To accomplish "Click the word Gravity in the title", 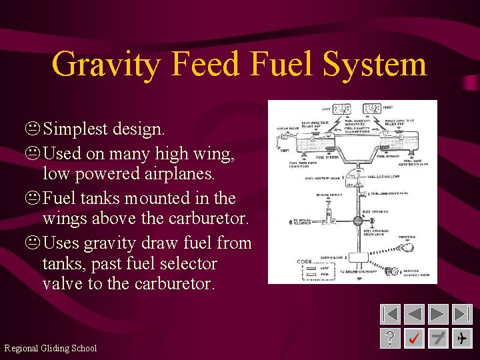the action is (x=106, y=65).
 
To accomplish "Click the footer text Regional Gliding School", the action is (x=51, y=348).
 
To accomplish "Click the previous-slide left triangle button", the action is (x=414, y=314).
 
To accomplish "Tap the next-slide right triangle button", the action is (x=438, y=314).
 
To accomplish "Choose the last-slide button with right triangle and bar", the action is (x=461, y=314).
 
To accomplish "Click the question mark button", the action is (x=391, y=338).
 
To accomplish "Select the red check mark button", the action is (x=414, y=338).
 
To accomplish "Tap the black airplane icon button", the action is (x=461, y=338).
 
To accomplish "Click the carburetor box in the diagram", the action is (x=358, y=257).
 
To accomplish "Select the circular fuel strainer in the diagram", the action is (x=358, y=220).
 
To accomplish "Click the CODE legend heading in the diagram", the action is (x=304, y=261).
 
